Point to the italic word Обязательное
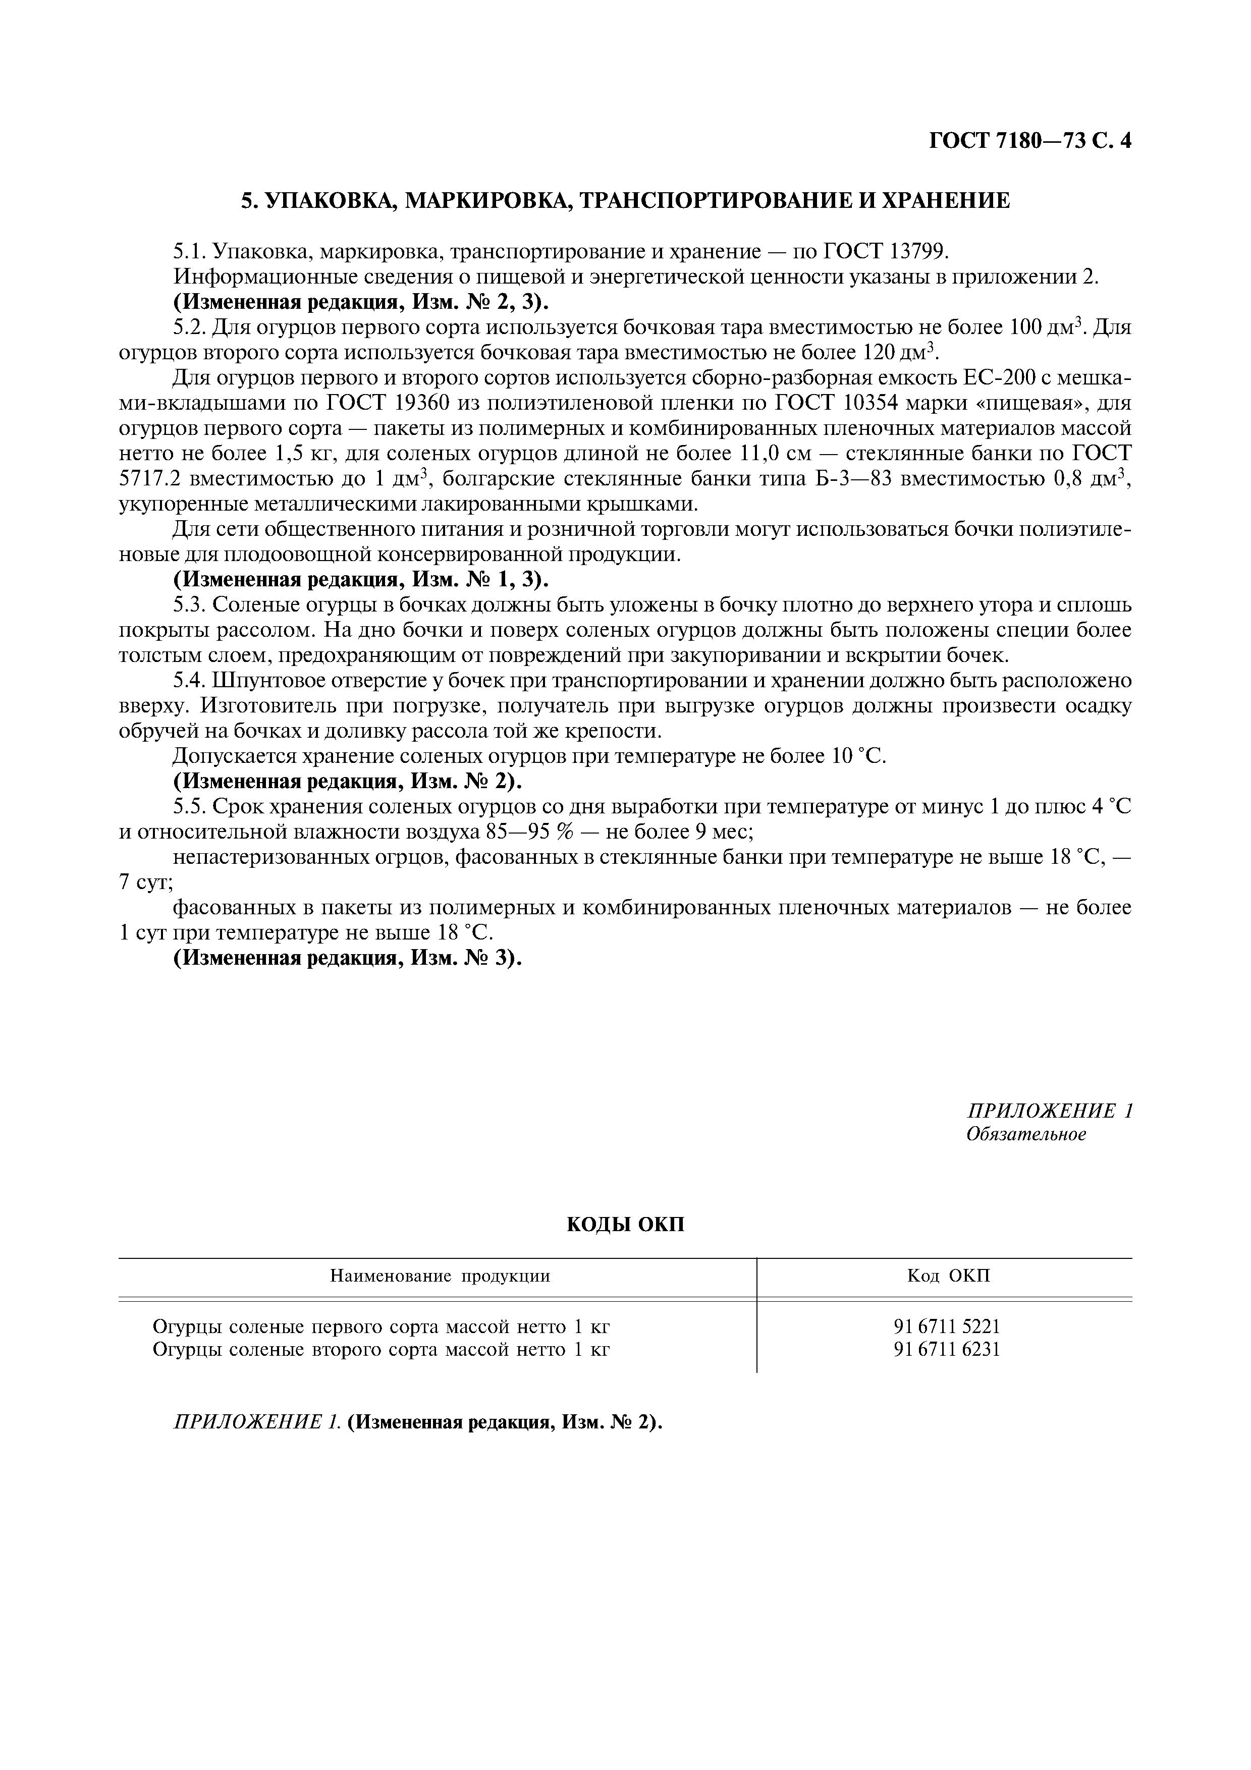1026,1134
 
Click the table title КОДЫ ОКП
625,1224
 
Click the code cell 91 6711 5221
947,1326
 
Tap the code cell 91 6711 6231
947,1349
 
